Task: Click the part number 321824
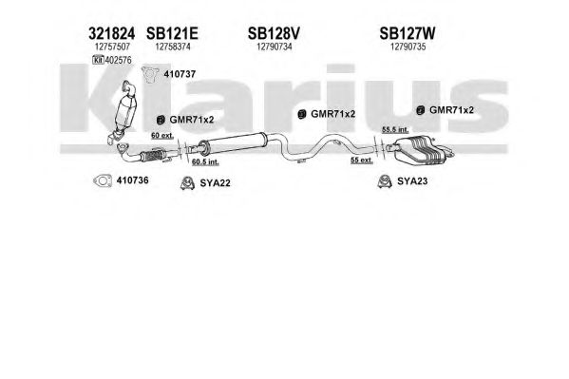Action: tap(111, 34)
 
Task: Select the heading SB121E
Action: tap(172, 34)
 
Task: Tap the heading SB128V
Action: tap(274, 34)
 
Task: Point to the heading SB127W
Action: tap(408, 34)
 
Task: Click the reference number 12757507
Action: tap(112, 47)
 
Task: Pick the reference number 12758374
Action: tap(173, 47)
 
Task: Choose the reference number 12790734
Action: tap(275, 47)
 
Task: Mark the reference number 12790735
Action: tap(408, 47)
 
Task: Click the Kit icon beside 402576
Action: tap(98, 60)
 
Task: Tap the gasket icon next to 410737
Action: tap(150, 74)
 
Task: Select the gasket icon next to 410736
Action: tap(103, 180)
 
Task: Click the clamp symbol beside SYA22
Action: tap(187, 183)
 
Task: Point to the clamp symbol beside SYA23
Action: tap(385, 180)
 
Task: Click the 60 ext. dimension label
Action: tap(162, 136)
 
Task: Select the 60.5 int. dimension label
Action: tap(205, 161)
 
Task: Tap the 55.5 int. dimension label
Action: tap(395, 129)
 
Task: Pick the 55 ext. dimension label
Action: tap(362, 160)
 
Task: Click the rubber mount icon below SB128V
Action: tap(301, 114)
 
